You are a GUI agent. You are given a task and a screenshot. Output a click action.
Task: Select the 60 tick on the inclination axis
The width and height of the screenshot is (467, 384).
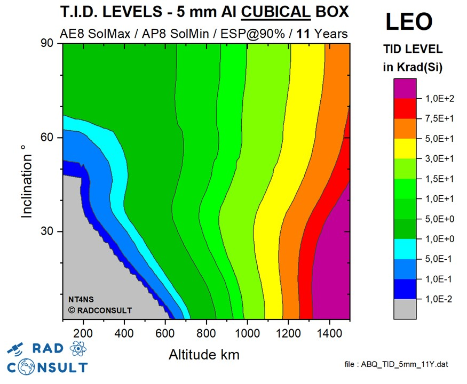pyautogui.click(x=52, y=138)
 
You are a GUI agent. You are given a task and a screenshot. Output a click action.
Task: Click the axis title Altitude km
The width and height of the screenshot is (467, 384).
pyautogui.click(x=204, y=354)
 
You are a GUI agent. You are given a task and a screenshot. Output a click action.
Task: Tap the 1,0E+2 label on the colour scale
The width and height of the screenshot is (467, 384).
pyautogui.click(x=440, y=98)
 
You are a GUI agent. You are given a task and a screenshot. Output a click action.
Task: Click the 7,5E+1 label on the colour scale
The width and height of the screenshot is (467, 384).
pyautogui.click(x=440, y=118)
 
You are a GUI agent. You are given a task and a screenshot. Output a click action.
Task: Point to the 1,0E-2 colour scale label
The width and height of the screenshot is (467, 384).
pyautogui.click(x=440, y=299)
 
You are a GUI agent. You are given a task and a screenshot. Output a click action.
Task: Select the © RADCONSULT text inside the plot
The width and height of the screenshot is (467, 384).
pyautogui.click(x=99, y=310)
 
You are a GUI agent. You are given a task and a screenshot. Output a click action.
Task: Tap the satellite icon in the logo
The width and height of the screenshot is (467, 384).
pyautogui.click(x=17, y=350)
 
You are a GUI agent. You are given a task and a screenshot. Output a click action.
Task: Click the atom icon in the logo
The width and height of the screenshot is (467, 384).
pyautogui.click(x=77, y=349)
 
